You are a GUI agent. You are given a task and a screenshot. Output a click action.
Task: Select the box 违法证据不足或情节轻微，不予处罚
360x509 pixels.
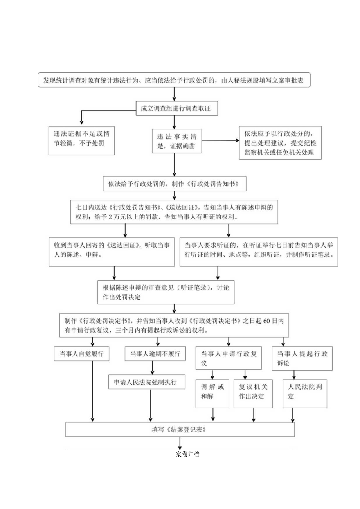click(82, 140)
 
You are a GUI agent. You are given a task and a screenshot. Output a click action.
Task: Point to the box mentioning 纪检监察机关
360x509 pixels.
click(280, 142)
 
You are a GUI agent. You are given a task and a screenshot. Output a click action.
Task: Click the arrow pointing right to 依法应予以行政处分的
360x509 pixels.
click(219, 140)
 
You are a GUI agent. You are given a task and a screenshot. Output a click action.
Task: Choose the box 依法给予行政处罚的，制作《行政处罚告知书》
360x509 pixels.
click(175, 183)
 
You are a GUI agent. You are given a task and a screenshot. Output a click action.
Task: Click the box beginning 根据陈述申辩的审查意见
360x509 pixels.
click(166, 292)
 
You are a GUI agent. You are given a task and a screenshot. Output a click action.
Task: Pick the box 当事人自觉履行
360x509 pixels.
click(81, 354)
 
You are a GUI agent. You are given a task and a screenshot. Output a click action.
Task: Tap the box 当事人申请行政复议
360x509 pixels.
click(229, 358)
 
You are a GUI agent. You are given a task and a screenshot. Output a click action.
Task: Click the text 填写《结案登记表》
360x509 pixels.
click(180, 429)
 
